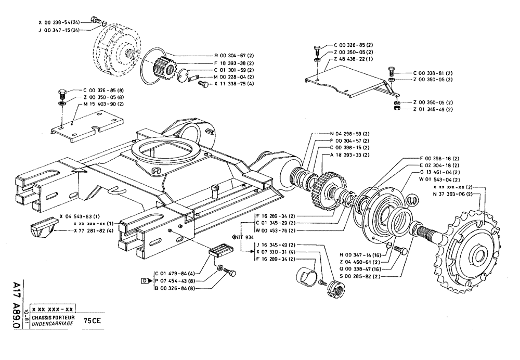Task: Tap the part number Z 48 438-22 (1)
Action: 353,60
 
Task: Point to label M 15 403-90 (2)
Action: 103,104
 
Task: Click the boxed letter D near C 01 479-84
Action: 145,281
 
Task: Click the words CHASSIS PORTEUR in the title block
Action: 53,317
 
